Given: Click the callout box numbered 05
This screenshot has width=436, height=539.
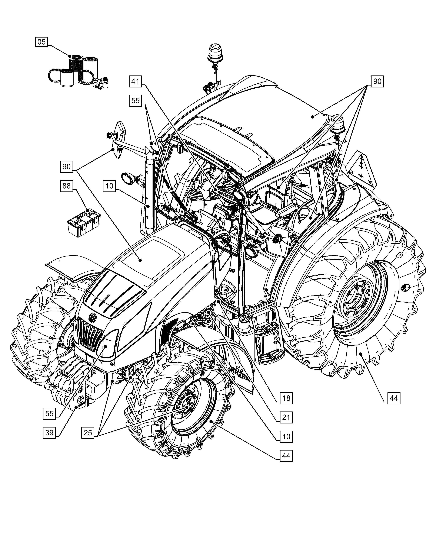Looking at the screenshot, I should (x=41, y=42).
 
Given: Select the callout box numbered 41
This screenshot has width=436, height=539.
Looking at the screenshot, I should (x=135, y=81).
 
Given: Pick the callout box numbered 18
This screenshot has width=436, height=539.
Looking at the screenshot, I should (x=286, y=398).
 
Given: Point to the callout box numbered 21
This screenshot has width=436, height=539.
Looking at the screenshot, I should (x=286, y=417).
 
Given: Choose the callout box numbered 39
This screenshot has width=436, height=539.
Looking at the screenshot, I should (x=49, y=433).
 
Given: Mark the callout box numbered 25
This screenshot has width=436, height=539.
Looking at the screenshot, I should (x=88, y=433).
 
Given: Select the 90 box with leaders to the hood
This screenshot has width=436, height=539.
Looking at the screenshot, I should (x=66, y=167).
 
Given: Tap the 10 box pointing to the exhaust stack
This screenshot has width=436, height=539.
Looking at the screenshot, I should (x=109, y=186).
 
